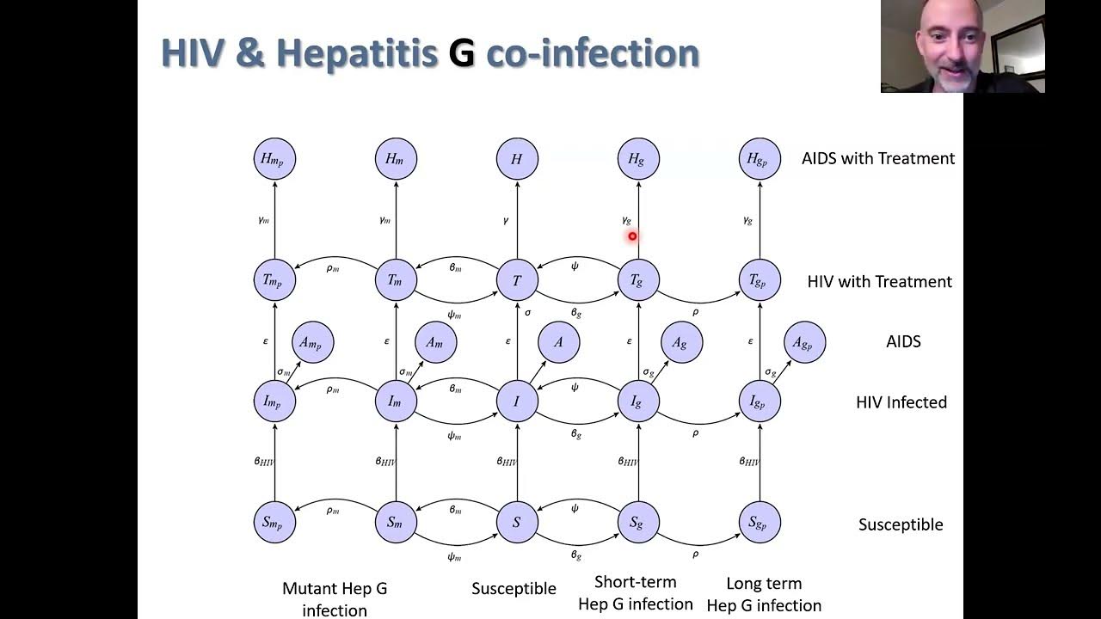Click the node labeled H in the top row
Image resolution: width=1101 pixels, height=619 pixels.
(x=517, y=159)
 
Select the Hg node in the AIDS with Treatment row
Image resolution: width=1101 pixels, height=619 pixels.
(x=637, y=159)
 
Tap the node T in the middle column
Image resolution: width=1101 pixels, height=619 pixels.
(x=517, y=280)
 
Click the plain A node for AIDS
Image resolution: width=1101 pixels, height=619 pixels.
(x=558, y=342)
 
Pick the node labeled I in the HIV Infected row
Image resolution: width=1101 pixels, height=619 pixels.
(x=517, y=401)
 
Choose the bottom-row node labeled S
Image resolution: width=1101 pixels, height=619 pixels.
(x=517, y=522)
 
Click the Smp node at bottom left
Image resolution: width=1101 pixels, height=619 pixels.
(x=274, y=522)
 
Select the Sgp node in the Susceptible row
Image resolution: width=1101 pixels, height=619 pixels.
(x=760, y=522)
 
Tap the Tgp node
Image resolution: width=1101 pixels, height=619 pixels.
(x=760, y=280)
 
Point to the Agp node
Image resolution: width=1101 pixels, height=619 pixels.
(x=804, y=342)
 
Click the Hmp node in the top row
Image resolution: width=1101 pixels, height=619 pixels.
(x=274, y=159)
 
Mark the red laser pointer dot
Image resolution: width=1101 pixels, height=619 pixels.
(x=632, y=236)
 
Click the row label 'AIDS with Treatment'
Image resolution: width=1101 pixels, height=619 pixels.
(x=877, y=158)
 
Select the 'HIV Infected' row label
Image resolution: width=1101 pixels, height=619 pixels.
(x=901, y=401)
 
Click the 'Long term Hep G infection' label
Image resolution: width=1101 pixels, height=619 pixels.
(x=764, y=595)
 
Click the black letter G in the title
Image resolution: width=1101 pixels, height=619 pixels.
(x=462, y=53)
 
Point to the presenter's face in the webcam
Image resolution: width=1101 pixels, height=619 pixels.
(x=950, y=43)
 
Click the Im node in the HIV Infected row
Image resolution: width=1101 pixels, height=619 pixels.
(x=396, y=401)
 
